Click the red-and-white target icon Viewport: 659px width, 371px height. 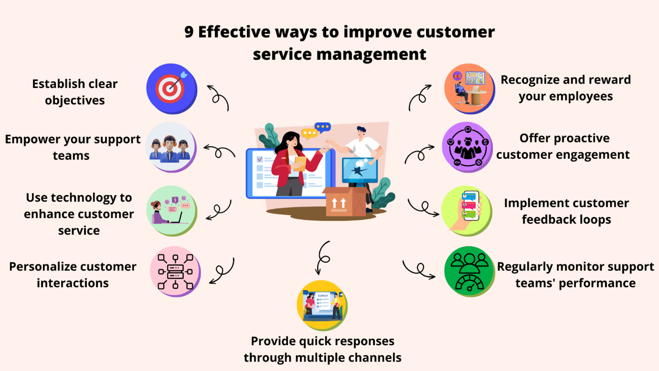pyautogui.click(x=172, y=89)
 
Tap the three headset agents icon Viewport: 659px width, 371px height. pyautogui.click(x=171, y=147)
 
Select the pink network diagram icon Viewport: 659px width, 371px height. pyautogui.click(x=175, y=272)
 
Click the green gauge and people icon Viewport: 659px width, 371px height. pyautogui.click(x=470, y=272)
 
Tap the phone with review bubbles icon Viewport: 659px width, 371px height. pyautogui.click(x=467, y=211)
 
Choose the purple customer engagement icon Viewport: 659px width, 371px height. pyautogui.click(x=467, y=147)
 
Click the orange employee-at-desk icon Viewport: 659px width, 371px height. pyautogui.click(x=470, y=89)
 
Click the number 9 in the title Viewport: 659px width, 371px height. pyautogui.click(x=189, y=32)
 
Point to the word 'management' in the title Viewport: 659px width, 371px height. pyautogui.click(x=371, y=55)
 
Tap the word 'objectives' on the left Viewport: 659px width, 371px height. pyautogui.click(x=75, y=100)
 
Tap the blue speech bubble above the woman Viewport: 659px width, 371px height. pyautogui.click(x=323, y=127)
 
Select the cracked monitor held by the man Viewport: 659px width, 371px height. pyautogui.click(x=359, y=171)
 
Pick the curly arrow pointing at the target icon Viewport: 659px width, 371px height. pyautogui.click(x=218, y=97)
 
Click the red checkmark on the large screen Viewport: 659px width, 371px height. pyautogui.click(x=260, y=159)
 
